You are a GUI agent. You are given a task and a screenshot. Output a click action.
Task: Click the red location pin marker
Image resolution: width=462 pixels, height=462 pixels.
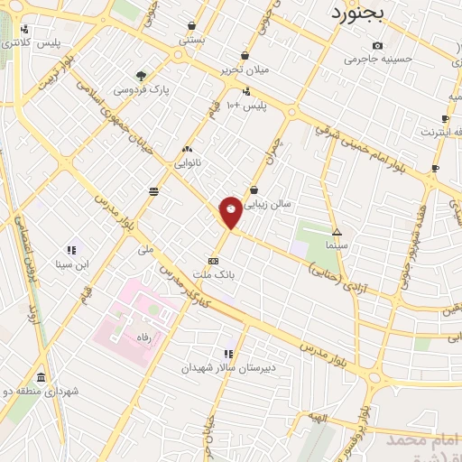coord(231,211)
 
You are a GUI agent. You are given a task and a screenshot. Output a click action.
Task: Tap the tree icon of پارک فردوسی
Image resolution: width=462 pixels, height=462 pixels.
coord(141,76)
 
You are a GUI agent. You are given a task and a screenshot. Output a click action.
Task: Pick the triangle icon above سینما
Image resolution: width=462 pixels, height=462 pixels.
coord(337,231)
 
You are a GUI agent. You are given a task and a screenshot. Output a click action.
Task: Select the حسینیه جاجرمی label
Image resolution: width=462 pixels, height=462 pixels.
coord(377,60)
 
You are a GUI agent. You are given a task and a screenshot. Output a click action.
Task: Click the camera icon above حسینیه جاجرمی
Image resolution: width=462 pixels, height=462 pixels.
coord(377,46)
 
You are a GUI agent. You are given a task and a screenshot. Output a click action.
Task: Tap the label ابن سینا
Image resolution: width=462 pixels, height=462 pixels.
coord(71,264)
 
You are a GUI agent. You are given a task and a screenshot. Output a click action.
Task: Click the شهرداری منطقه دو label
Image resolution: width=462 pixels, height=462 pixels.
coord(41,391)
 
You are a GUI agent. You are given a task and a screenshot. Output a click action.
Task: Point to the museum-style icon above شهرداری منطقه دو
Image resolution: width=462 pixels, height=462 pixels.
coord(41,377)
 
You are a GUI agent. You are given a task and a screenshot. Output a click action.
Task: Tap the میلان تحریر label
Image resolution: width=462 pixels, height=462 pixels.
coord(245,69)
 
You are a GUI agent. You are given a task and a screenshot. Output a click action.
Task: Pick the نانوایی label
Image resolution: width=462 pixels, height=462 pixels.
coord(188,163)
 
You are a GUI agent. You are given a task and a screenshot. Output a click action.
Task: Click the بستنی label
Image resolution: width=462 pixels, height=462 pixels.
coord(192,40)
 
